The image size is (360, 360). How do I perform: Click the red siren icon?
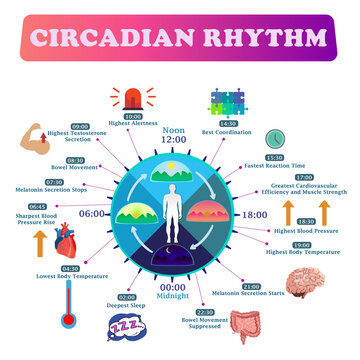134,97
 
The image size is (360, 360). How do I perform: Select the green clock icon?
274,138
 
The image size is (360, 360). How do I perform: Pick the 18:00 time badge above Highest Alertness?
133,117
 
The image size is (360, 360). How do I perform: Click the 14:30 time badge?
227,124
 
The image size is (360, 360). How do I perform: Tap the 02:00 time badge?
128,297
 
